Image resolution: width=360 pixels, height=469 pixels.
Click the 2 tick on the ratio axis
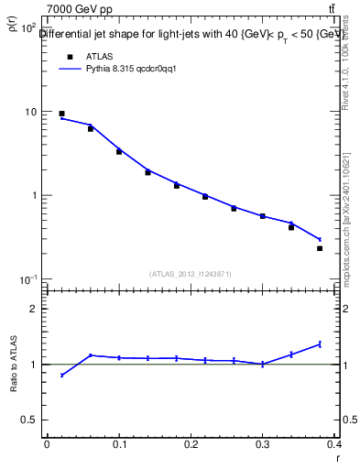[33, 309]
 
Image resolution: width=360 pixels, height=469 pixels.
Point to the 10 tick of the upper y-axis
[29, 112]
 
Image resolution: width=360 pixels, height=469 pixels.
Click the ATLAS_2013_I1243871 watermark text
[190, 274]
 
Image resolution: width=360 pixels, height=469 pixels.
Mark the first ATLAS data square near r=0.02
[61, 114]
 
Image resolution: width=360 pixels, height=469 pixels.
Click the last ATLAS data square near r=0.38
[320, 248]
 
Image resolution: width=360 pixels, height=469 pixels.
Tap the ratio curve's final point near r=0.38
[320, 344]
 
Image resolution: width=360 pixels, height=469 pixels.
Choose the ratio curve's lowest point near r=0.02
[61, 375]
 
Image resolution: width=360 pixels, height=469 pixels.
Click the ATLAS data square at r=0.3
[262, 216]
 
